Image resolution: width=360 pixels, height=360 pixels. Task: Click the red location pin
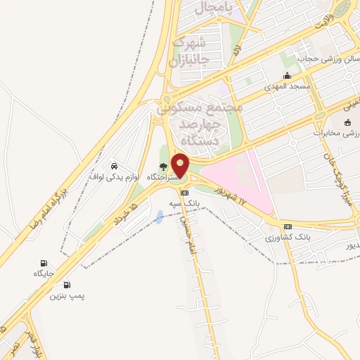coord(180,165)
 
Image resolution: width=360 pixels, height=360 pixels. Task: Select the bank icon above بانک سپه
coord(185,193)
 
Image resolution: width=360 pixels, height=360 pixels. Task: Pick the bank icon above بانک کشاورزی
coord(287,227)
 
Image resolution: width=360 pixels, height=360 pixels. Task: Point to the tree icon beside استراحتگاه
coord(164,167)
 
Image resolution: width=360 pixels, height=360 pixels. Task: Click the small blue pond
coord(160,217)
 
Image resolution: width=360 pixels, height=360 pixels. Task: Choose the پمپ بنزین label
coord(67,296)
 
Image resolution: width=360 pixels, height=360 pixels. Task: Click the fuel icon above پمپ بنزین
coord(67,285)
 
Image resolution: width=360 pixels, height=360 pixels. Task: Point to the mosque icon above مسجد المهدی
coord(286,76)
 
